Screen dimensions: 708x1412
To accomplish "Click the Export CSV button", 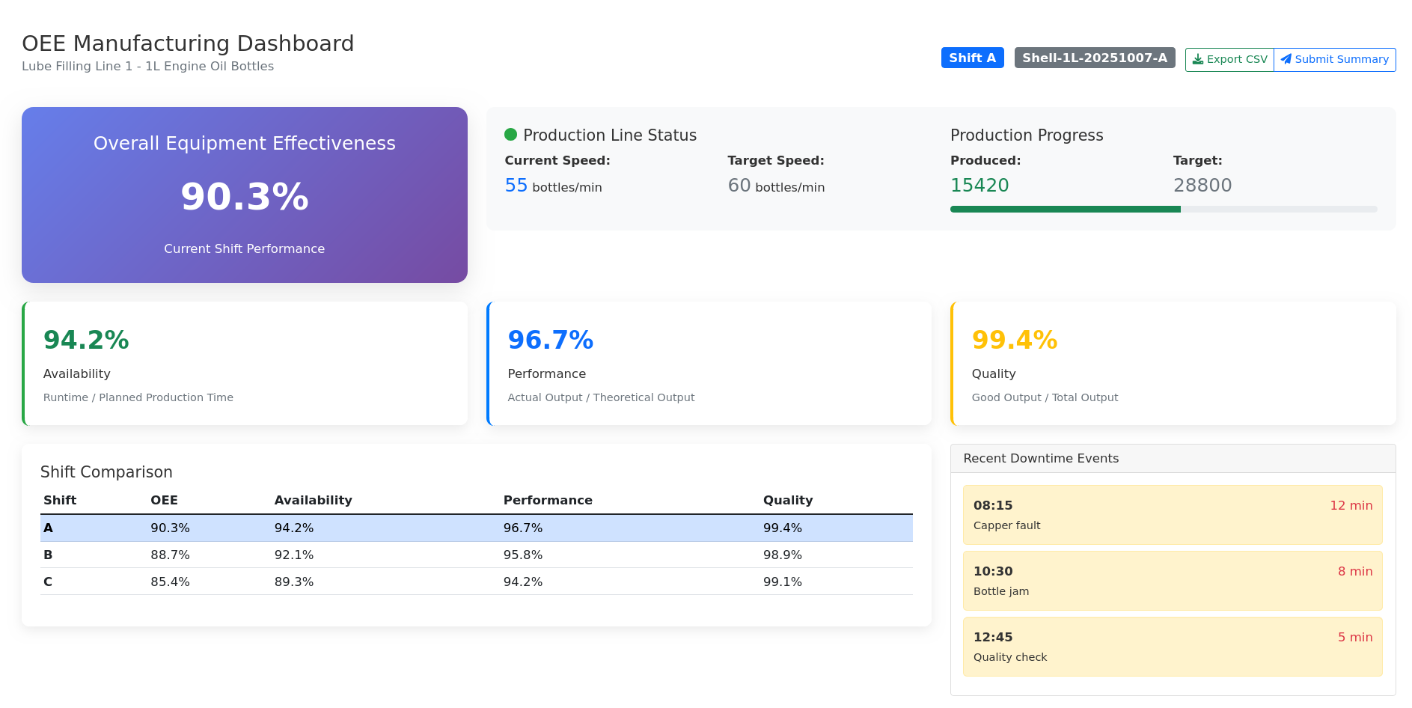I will (x=1229, y=59).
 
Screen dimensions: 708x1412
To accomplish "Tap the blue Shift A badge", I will (x=972, y=58).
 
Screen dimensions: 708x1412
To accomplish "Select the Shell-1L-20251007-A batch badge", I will (x=1094, y=58).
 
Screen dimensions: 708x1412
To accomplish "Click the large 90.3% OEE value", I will (x=245, y=197).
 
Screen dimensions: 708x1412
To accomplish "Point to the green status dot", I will (x=511, y=135).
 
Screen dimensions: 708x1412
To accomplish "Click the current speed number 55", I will (x=516, y=186).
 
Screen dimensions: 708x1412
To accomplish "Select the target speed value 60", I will (x=739, y=186).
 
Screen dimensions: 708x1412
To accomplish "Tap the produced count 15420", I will (x=979, y=186).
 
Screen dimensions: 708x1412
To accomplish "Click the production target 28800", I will (x=1202, y=186).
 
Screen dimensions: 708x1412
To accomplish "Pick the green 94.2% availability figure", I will (x=86, y=341).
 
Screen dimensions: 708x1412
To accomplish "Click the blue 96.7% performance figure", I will (x=550, y=341).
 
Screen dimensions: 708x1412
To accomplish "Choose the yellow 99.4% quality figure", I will (x=1014, y=341).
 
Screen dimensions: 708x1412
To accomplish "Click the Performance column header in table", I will (x=548, y=500).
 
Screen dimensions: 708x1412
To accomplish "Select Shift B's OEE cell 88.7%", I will (x=170, y=555).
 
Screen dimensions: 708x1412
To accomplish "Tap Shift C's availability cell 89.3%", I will (x=293, y=582).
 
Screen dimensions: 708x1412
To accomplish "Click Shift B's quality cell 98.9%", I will (x=782, y=555).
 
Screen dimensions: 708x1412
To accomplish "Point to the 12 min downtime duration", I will (x=1351, y=505).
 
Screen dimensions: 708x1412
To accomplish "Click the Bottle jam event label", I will (x=1000, y=591).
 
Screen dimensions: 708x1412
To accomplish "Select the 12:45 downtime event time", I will (x=992, y=637).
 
